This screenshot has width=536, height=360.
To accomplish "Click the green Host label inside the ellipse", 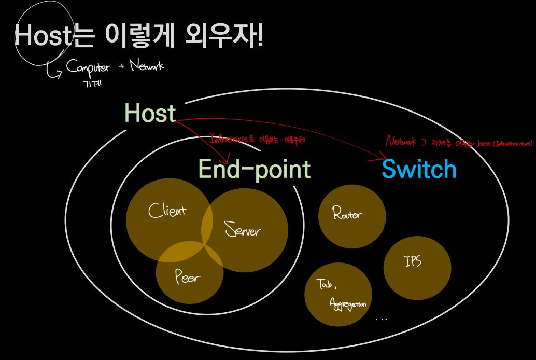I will click(150, 114).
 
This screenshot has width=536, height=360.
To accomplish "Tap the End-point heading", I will click(254, 169).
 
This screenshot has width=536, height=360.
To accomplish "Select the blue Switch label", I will click(419, 169).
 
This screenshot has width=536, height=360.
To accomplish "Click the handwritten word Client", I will click(167, 212).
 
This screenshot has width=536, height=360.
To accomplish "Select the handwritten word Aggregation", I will click(348, 303).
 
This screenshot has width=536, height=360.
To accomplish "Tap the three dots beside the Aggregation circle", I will click(381, 319).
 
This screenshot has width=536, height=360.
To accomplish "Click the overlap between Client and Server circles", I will click(207, 223).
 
